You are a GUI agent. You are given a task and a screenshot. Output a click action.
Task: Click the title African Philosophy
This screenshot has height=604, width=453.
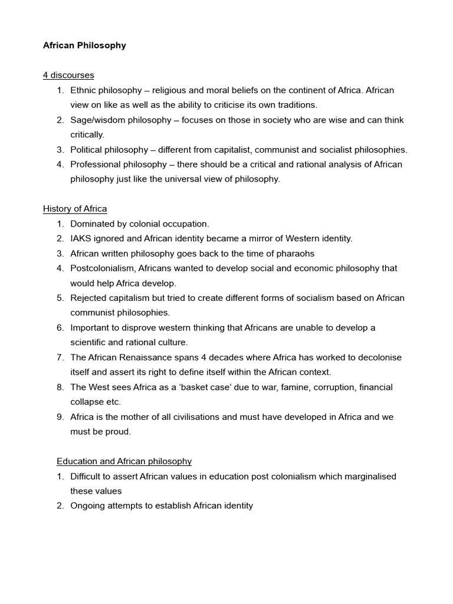pos(84,45)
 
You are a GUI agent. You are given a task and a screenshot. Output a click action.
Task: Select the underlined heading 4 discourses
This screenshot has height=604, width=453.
pos(68,75)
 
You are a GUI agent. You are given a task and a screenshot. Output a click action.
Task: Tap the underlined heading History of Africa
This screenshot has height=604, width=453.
pos(75,209)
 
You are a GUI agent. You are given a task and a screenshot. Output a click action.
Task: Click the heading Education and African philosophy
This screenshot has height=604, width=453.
pos(124,461)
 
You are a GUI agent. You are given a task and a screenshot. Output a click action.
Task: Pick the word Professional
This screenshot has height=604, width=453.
pos(95,165)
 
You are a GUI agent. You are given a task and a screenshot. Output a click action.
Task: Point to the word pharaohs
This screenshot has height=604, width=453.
pos(296,254)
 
